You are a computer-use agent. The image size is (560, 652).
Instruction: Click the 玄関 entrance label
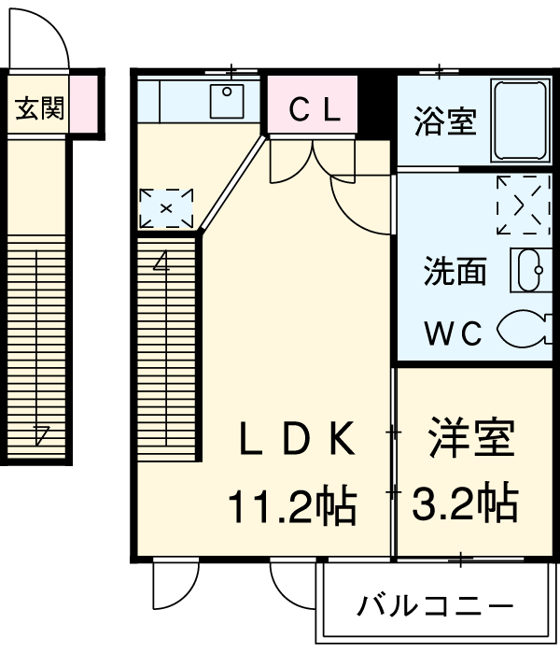point(38,108)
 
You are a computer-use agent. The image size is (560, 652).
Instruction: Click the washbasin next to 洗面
point(525,271)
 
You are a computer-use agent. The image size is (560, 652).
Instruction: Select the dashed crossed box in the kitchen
point(166,207)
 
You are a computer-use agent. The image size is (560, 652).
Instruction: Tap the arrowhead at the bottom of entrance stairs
point(42,432)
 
